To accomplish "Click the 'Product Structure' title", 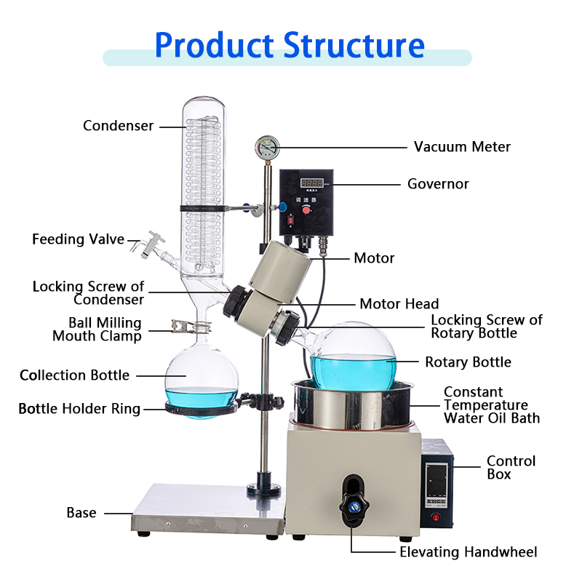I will click(x=290, y=45).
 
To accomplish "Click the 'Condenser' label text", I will click(x=118, y=126).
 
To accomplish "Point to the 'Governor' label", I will click(x=438, y=184).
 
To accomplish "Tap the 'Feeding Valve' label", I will click(x=78, y=239).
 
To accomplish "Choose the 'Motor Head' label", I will click(x=399, y=304).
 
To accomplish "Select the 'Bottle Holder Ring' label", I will click(x=79, y=409).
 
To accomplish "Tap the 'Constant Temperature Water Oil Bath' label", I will click(x=492, y=405).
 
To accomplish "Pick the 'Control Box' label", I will click(x=511, y=468).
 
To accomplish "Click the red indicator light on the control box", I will click(x=436, y=517).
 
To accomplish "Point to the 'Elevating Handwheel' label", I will click(x=468, y=552).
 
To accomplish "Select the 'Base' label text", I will click(x=81, y=513).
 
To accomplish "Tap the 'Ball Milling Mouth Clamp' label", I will click(x=97, y=329).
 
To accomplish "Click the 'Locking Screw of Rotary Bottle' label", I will click(x=486, y=327).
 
